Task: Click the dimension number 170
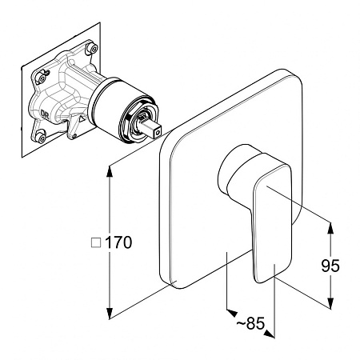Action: pos(118,242)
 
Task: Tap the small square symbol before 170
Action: pos(96,243)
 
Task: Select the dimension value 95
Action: pos(330,266)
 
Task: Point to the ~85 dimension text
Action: pos(250,323)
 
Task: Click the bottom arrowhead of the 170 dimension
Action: pos(109,314)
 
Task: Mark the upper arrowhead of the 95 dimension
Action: pos(330,228)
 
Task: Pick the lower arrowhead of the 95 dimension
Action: pos(330,303)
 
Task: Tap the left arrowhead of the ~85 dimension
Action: pos(231,313)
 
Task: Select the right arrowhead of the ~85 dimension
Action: pos(270,334)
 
